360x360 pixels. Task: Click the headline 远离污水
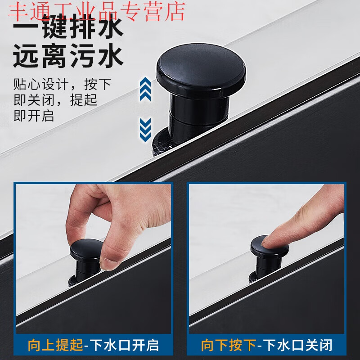pyautogui.click(x=67, y=58)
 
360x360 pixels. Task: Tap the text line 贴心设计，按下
pyautogui.click(x=62, y=84)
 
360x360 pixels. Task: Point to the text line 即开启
pyautogui.click(x=34, y=116)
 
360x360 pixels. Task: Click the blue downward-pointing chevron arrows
pyautogui.click(x=145, y=128)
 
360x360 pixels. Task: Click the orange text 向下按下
pyautogui.click(x=228, y=345)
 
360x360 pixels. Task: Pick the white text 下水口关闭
pyautogui.click(x=299, y=345)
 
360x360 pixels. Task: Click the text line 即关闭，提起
pyautogui.click(x=55, y=100)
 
